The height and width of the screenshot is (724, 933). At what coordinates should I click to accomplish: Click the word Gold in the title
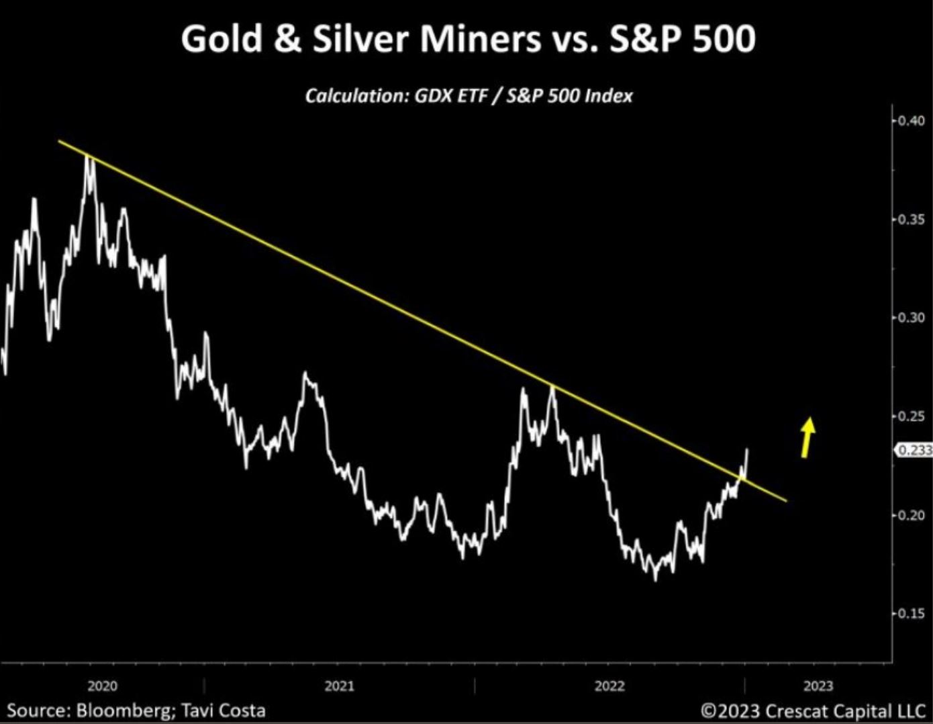(221, 39)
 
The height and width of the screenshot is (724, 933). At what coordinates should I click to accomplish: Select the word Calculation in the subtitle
(355, 95)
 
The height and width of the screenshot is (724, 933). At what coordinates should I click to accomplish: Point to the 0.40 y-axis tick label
(912, 121)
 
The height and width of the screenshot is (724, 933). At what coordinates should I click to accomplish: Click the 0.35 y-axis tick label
(912, 220)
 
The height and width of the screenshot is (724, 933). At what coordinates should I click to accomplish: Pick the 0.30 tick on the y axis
(912, 317)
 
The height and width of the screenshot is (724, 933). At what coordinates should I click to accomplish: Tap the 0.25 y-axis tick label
(912, 416)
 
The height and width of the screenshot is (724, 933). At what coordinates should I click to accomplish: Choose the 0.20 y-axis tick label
(912, 515)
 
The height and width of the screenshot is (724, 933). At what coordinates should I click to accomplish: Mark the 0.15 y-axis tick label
(912, 613)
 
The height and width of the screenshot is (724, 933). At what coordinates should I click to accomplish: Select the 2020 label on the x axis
(102, 686)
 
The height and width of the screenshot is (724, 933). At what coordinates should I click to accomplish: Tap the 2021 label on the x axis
(339, 686)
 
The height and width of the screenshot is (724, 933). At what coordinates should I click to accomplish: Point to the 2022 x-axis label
(609, 686)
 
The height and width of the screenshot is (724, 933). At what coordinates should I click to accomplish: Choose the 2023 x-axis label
(818, 686)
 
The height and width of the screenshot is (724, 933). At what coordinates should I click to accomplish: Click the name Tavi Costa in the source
(225, 710)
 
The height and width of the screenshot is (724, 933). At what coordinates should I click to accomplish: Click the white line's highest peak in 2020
(89, 160)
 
